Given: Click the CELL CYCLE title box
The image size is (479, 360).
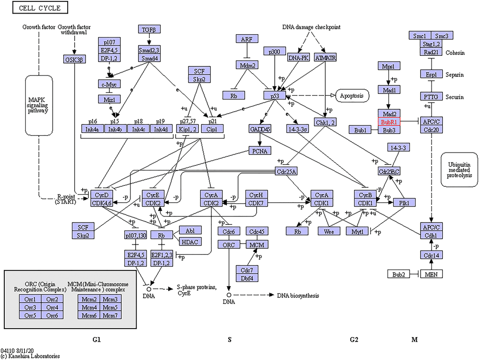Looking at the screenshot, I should (40, 8).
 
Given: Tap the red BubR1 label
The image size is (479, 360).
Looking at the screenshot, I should (389, 122).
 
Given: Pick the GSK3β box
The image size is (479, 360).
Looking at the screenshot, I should (74, 59).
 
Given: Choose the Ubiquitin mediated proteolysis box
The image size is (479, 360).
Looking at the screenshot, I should (459, 168).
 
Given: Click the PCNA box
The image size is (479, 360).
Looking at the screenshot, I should (259, 151).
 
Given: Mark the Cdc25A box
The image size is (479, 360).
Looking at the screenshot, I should (286, 171).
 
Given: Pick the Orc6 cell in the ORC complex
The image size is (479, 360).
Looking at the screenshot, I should (52, 315).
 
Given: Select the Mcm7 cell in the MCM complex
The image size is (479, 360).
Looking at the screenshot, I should (110, 315).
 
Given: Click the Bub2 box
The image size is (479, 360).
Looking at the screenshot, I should (399, 274).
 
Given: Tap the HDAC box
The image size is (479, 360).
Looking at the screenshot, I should (190, 241).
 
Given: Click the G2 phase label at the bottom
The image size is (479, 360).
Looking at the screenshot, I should (355, 339).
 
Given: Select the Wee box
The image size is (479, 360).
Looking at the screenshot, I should (329, 231).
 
